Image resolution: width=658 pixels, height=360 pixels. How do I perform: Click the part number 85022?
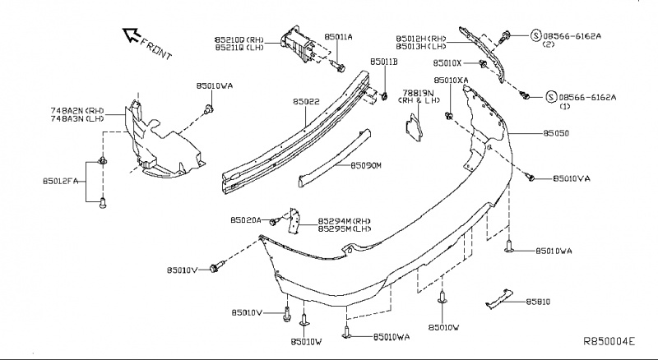pos(306,103)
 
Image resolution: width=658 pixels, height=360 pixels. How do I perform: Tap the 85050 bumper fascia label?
pos(557,132)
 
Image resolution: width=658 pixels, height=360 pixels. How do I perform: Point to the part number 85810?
pos(535,302)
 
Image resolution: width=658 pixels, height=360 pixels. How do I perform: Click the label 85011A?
pos(338,37)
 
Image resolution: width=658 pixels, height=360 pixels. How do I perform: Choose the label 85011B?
pos(384,62)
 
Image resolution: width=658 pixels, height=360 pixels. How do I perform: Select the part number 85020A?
pos(246,220)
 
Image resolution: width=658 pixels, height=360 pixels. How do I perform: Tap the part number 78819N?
pos(418,93)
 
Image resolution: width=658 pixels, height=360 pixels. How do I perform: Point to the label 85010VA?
pos(572,178)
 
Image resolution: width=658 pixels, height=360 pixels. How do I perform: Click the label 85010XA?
pos(452,81)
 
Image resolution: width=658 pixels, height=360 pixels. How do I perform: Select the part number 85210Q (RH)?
pos(240,38)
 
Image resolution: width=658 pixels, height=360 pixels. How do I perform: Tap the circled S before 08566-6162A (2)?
pos(536,35)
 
